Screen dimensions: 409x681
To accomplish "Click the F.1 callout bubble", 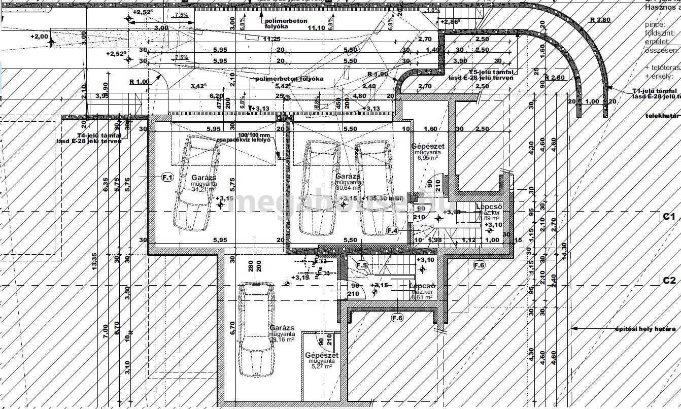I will [x=167, y=177].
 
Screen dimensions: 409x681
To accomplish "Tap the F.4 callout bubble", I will [x=392, y=230].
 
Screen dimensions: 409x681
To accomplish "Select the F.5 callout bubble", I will [x=361, y=265].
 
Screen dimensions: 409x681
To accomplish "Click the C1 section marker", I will [x=669, y=217].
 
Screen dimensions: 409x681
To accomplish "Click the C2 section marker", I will [x=669, y=280].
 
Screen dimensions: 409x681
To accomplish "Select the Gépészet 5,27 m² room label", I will [x=322, y=360].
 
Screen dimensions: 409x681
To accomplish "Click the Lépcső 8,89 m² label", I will [x=489, y=212].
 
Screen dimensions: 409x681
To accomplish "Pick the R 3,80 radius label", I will [x=600, y=20].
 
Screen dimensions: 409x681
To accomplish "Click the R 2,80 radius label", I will [x=555, y=78].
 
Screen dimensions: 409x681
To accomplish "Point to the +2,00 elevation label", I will [x=39, y=37].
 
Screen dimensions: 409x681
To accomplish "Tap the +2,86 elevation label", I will [x=451, y=22].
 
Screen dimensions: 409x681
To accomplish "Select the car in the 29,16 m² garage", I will [x=258, y=329].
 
